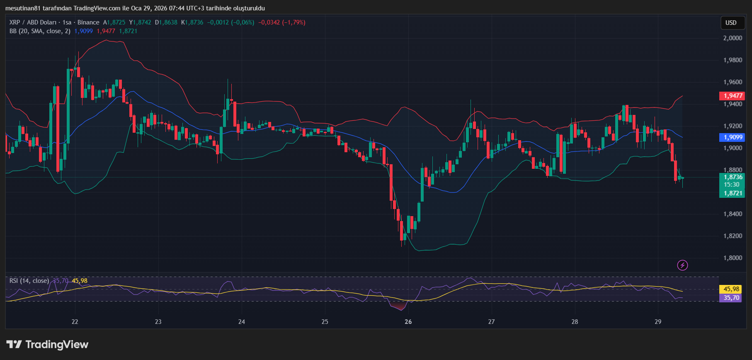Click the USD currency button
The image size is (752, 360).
click(731, 23)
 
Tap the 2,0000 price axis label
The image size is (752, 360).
click(733, 38)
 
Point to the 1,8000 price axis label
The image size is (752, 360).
click(733, 258)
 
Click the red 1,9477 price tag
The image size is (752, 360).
click(733, 96)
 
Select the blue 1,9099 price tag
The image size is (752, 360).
click(733, 137)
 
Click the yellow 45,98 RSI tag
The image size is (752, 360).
click(731, 289)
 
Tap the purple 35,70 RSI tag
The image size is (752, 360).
click(731, 298)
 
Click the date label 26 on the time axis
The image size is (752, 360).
click(408, 322)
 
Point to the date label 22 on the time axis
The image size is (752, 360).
click(75, 322)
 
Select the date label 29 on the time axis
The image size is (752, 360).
click(658, 322)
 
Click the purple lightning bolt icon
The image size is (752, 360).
click(682, 265)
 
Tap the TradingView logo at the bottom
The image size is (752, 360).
click(48, 345)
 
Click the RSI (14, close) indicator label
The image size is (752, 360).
click(29, 281)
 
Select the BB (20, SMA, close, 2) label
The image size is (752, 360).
click(40, 31)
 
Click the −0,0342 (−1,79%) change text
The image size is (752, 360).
click(281, 22)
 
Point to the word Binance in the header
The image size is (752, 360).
click(88, 22)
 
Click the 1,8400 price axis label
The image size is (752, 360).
click(733, 214)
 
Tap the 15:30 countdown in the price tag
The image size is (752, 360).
click(732, 185)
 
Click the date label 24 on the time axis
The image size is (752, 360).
click(242, 322)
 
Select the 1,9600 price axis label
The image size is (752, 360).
click(733, 82)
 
